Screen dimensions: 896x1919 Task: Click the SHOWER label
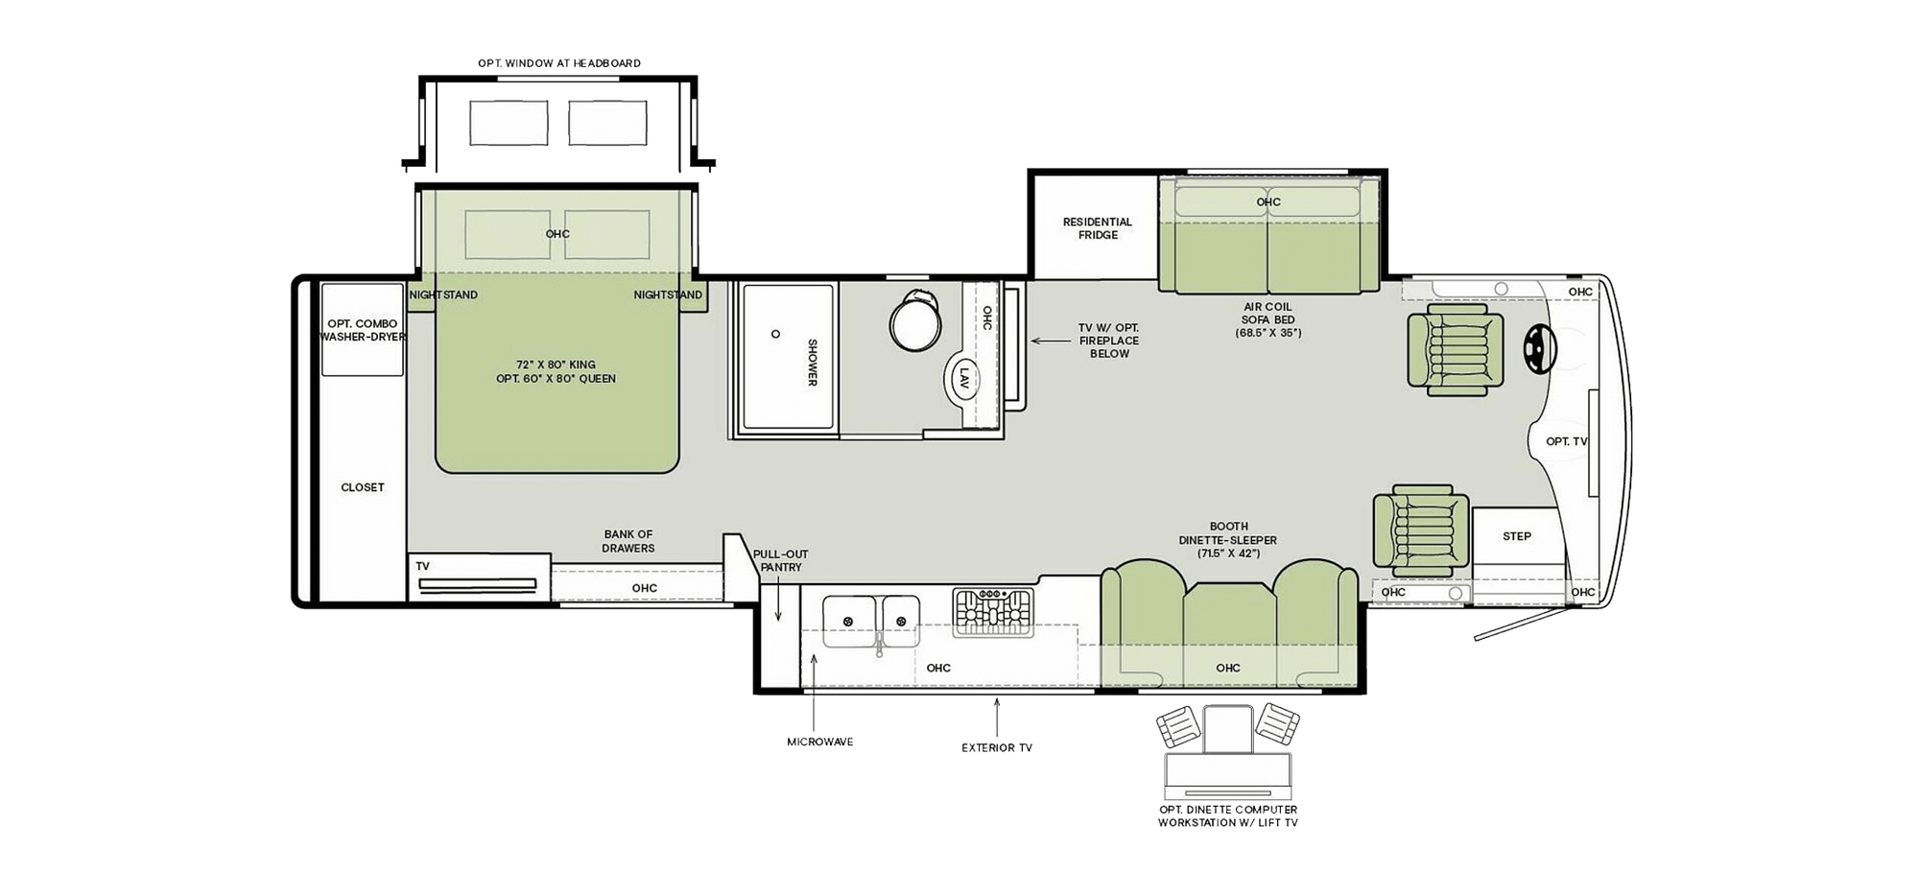[x=812, y=362]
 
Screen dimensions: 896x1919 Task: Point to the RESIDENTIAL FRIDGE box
[x=1097, y=228]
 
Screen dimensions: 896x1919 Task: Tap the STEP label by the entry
[x=1516, y=536]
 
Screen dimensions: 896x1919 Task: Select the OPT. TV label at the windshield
[x=1566, y=441]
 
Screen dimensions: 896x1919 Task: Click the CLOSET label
[x=363, y=487]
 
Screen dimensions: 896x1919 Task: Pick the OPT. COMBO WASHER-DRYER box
[x=362, y=330]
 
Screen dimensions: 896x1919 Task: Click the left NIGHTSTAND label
[x=443, y=295]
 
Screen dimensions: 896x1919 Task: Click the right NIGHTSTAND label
[x=668, y=295]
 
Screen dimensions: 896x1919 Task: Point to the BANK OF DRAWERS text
[x=628, y=541]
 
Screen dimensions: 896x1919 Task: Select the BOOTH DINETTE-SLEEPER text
[x=1228, y=539]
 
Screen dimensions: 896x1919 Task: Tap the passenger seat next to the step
[x=1420, y=531]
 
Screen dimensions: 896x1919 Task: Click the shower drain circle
[x=775, y=335]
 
